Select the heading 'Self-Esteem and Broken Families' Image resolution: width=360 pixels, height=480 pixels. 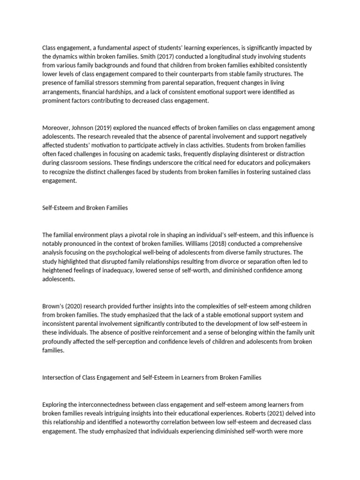tap(85, 208)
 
